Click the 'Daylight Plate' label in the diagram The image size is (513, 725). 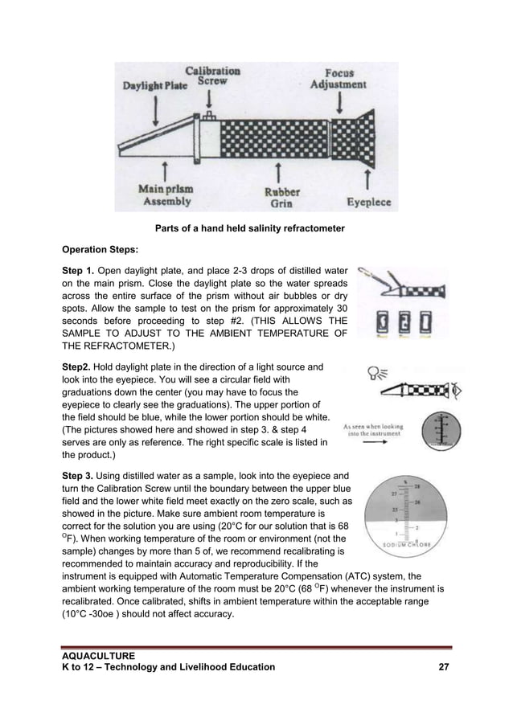click(x=154, y=84)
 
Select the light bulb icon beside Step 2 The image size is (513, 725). click(x=373, y=371)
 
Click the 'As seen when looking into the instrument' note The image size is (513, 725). click(x=373, y=431)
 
